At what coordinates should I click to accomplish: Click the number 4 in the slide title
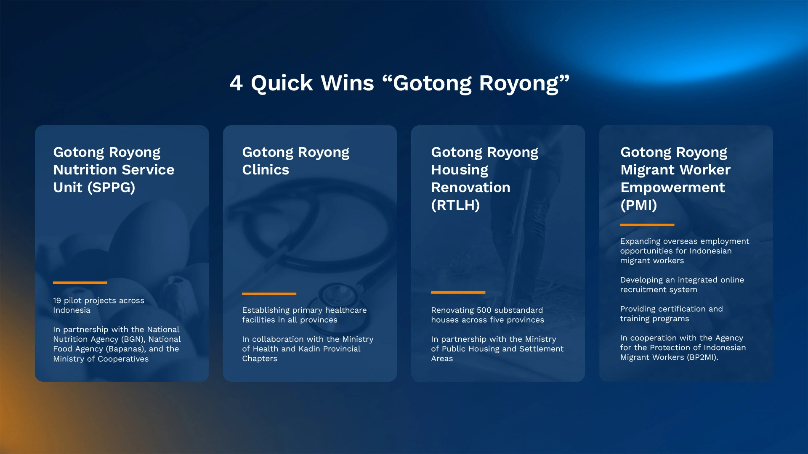tap(236, 83)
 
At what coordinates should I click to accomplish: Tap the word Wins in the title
tap(347, 83)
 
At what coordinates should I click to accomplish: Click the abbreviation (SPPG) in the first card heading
tap(111, 187)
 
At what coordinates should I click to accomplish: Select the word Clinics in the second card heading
tap(266, 169)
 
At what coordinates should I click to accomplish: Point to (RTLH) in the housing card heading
tap(455, 205)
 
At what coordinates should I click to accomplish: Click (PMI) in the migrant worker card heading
tap(638, 205)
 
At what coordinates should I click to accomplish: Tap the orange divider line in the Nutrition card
tap(80, 282)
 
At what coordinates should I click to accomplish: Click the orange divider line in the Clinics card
tap(269, 294)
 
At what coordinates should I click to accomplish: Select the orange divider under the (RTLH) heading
tap(458, 293)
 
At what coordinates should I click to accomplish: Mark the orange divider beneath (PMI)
tap(647, 225)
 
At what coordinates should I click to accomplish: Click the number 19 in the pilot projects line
tap(57, 301)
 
